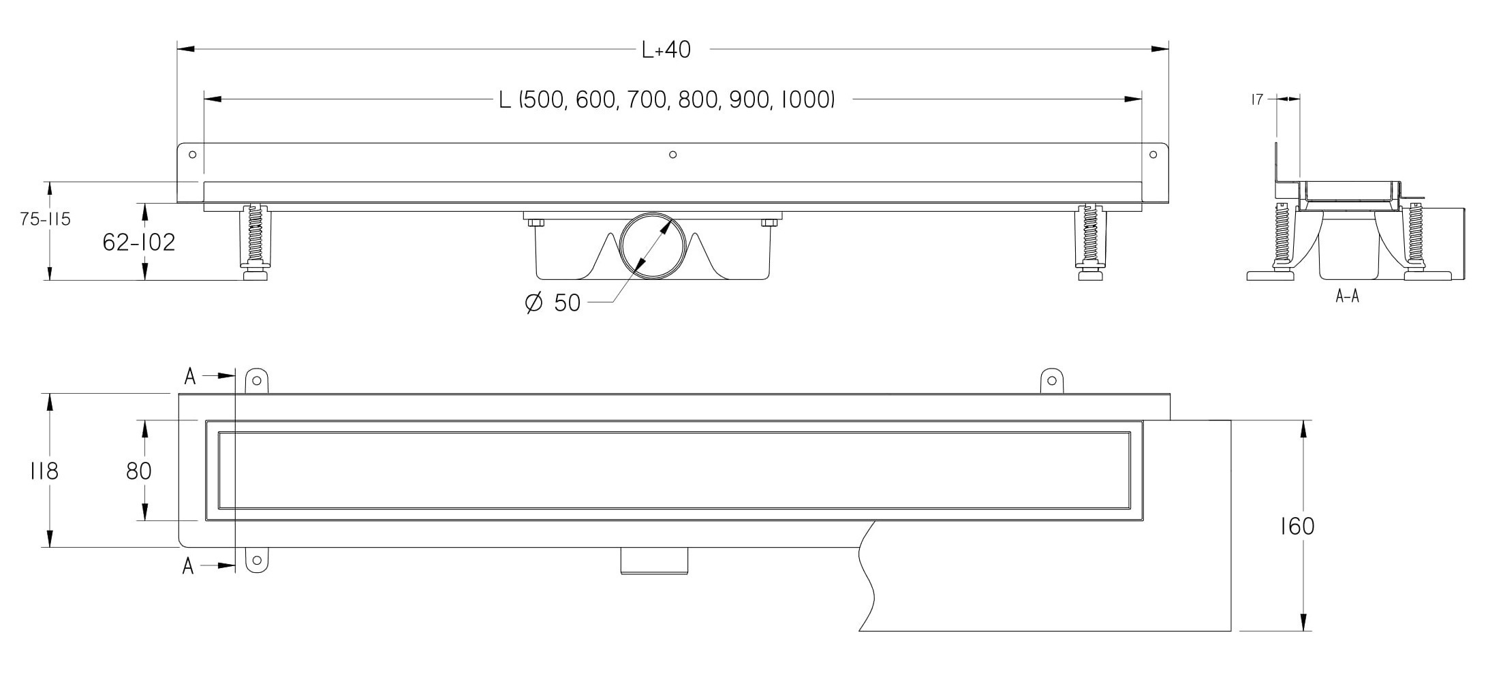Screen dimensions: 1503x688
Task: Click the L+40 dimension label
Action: pos(666,50)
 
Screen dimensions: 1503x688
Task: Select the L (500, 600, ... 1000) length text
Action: pos(667,100)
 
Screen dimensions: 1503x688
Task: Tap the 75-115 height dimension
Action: pos(46,219)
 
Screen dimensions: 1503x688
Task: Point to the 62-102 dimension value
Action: pos(139,242)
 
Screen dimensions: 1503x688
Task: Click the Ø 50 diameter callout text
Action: pos(553,302)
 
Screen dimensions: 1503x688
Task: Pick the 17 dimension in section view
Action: pos(1257,99)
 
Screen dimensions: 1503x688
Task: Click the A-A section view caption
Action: pos(1348,296)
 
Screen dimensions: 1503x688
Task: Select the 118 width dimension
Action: pos(44,471)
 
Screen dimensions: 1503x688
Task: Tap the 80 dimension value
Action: pos(139,471)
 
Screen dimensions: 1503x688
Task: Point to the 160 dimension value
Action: pos(1297,526)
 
